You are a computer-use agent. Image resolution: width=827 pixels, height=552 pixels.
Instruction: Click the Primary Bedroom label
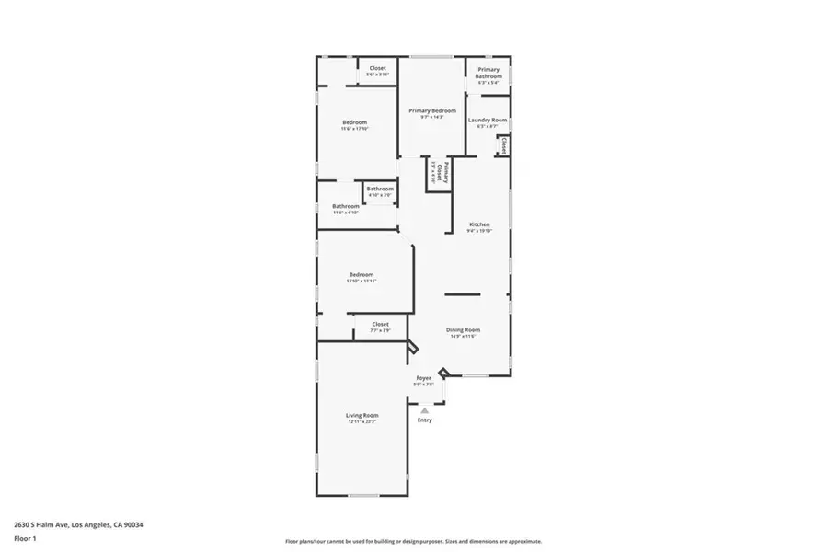431,110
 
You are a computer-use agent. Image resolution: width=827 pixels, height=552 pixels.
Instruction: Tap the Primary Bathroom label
488,73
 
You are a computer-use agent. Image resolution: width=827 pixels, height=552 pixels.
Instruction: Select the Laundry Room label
488,121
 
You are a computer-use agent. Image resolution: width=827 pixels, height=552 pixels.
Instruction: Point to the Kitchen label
479,224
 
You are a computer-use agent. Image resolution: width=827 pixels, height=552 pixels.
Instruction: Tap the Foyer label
423,378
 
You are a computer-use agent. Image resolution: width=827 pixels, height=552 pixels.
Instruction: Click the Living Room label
362,416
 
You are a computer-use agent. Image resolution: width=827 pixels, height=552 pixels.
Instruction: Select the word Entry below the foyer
424,420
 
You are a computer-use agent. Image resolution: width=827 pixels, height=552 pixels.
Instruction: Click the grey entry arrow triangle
424,410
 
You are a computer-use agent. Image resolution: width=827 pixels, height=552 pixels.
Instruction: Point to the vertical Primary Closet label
447,174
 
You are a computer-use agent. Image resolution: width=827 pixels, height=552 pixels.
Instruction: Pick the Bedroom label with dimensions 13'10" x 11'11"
362,274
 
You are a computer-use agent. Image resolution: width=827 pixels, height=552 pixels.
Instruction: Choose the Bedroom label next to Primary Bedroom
355,122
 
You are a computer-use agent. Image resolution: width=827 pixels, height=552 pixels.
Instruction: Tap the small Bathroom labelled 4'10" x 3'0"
380,189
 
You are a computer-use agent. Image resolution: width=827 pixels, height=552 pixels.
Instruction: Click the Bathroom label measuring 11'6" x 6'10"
346,206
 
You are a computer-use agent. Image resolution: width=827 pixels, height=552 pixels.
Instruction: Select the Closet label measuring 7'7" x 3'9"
380,324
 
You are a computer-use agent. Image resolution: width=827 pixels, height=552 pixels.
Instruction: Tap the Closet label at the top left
377,68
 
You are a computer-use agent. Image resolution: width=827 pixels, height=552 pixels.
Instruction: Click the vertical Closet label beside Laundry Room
503,144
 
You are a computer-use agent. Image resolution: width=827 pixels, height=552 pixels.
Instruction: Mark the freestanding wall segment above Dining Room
462,294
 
